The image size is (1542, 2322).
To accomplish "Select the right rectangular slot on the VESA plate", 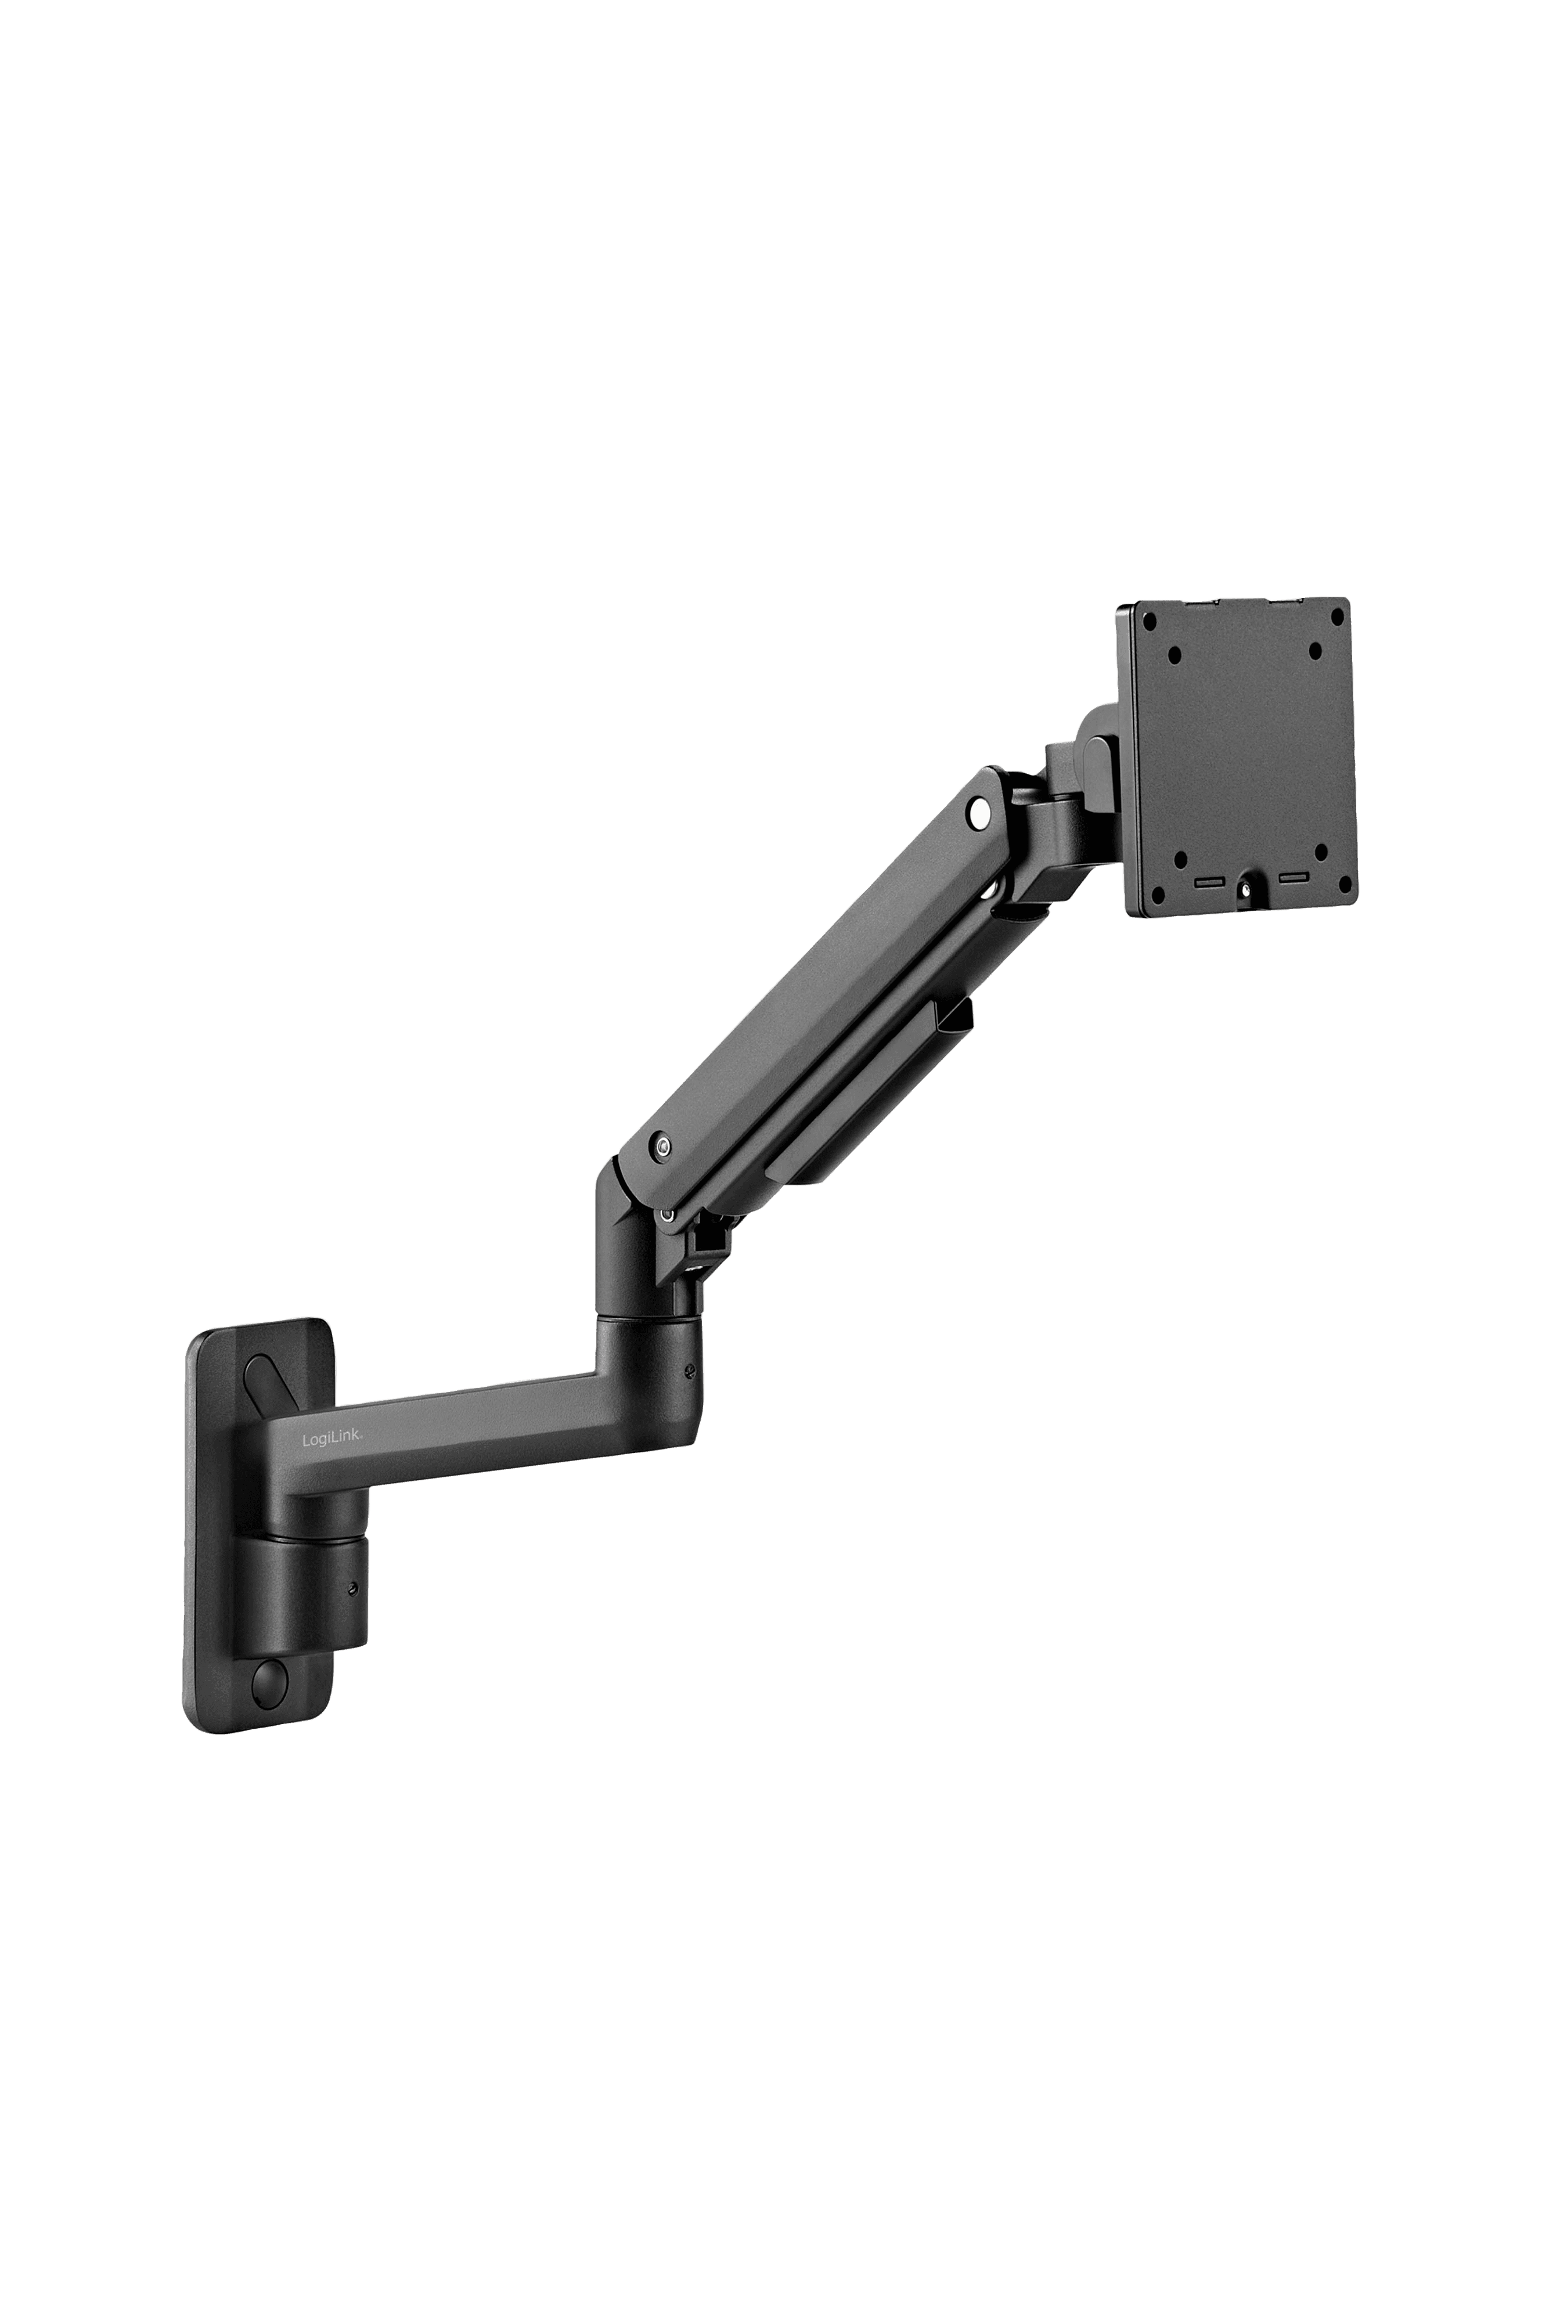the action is pyautogui.click(x=1293, y=877).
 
